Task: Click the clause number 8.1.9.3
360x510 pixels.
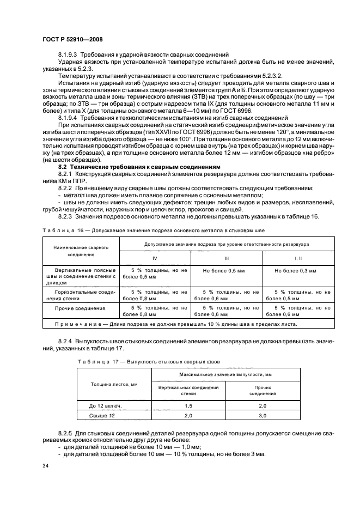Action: point(69,55)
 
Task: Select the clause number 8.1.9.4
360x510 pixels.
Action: point(69,118)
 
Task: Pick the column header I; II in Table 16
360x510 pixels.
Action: point(297,257)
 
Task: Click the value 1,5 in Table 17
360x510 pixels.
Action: point(188,406)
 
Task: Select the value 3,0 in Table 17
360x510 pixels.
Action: point(263,416)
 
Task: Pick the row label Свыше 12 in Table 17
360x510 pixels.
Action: point(105,416)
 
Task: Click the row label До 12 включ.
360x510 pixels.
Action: point(105,406)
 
